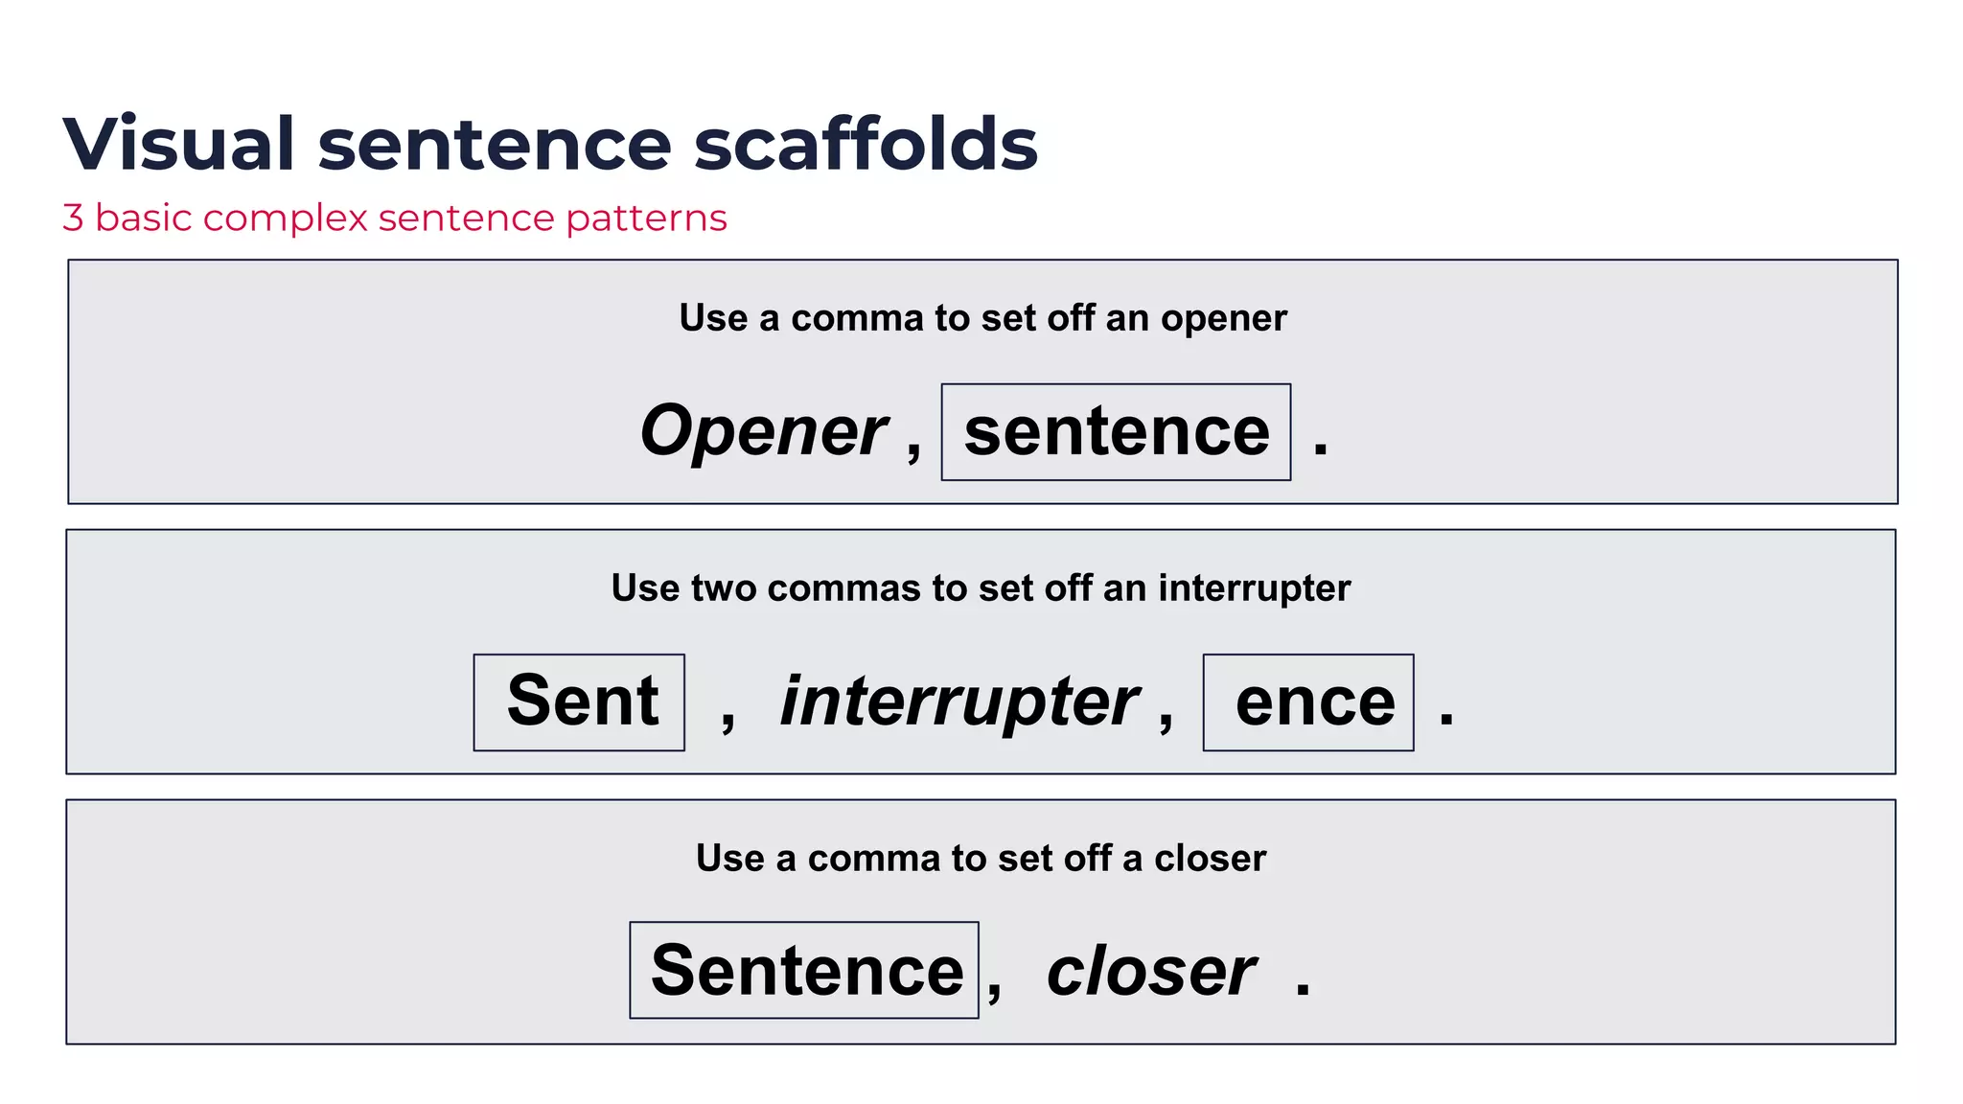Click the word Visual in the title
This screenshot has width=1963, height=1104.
click(178, 144)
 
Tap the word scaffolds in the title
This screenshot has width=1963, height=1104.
click(866, 144)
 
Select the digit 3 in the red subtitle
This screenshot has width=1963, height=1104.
click(73, 218)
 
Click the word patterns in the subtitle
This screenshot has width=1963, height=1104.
click(646, 219)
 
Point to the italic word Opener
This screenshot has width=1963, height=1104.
click(764, 431)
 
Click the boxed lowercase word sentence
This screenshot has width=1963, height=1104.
click(1116, 432)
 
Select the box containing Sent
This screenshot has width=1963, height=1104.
click(579, 702)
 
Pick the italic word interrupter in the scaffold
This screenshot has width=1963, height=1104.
click(959, 702)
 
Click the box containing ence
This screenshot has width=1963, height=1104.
click(1308, 702)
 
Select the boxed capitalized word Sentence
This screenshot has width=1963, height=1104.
click(804, 970)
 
